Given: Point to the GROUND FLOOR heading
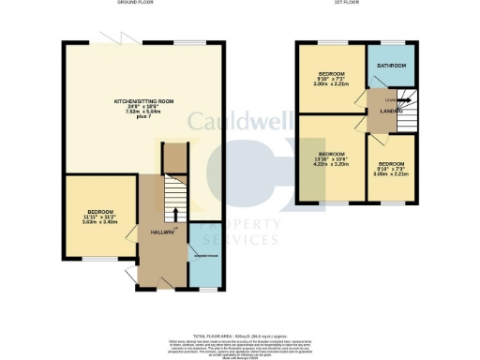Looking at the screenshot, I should click(x=137, y=4).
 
